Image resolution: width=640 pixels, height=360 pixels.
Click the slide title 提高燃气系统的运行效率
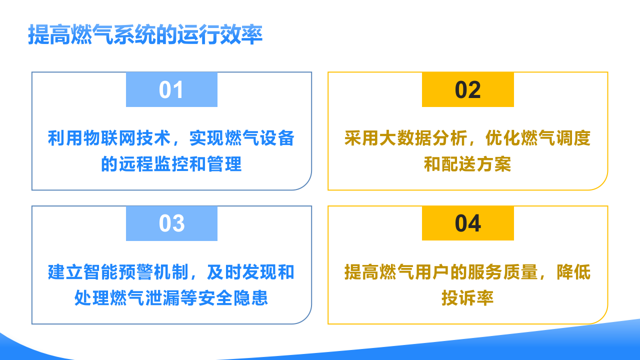coord(145,35)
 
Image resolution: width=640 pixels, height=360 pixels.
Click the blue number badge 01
coord(171,90)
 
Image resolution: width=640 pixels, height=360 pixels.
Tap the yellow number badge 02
coord(467,90)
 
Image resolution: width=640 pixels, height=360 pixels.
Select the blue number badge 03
coord(171,223)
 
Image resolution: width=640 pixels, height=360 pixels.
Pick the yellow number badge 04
coord(467,223)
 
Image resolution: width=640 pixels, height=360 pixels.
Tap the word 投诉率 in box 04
coord(467,298)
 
